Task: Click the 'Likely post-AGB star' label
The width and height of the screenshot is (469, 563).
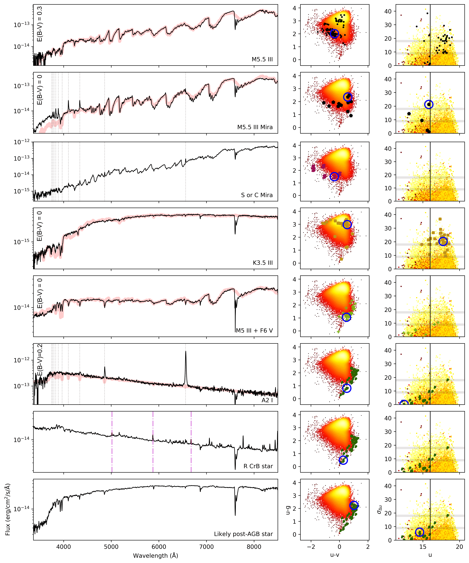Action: pyautogui.click(x=243, y=534)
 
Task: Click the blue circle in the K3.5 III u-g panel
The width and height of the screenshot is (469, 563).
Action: pyautogui.click(x=347, y=224)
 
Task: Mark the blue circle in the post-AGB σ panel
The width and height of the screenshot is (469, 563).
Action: pyautogui.click(x=419, y=532)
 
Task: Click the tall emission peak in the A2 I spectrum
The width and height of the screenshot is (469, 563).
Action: pyautogui.click(x=186, y=353)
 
